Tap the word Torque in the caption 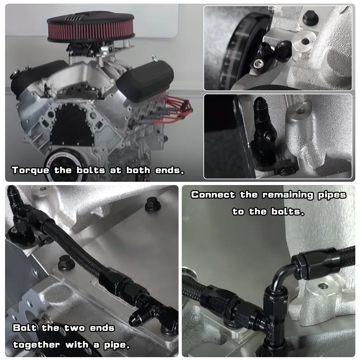pos(30,170)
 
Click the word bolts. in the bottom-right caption pos(288,212)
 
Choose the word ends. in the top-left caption pos(170,170)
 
